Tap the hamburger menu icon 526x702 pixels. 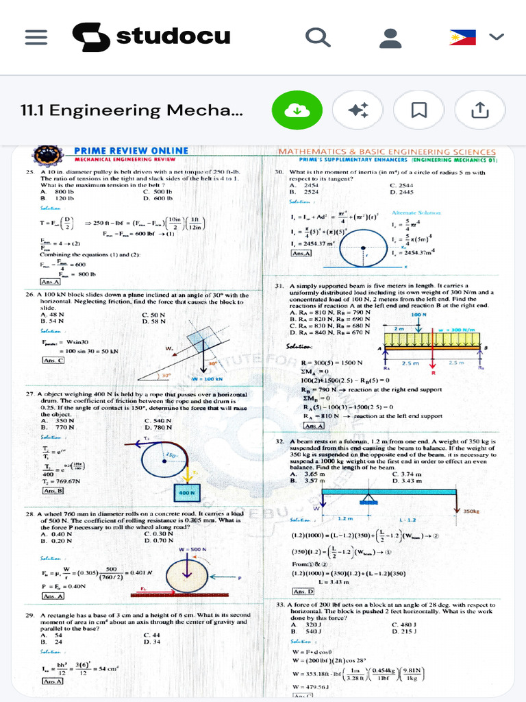pyautogui.click(x=36, y=37)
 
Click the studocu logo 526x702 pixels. pyautogui.click(x=151, y=36)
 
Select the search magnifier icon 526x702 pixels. pyautogui.click(x=317, y=37)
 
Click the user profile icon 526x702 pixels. pyautogui.click(x=390, y=37)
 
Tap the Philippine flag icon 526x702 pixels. pyautogui.click(x=463, y=37)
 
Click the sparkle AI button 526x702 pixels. pyautogui.click(x=358, y=110)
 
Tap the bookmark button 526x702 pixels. pyautogui.click(x=419, y=110)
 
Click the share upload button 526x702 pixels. pyautogui.click(x=480, y=110)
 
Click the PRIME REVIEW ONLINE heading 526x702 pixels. pyautogui.click(x=130, y=151)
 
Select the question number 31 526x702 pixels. pyautogui.click(x=279, y=285)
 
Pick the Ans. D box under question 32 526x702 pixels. pyautogui.click(x=303, y=591)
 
